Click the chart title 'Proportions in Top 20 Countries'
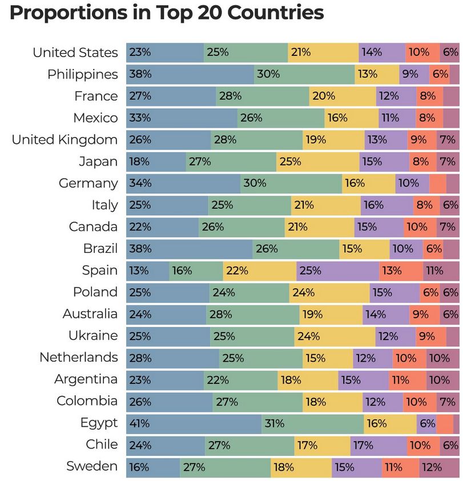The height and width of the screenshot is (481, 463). pyautogui.click(x=166, y=13)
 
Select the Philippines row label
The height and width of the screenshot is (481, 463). pyautogui.click(x=82, y=74)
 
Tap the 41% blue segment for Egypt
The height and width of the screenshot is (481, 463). pyautogui.click(x=194, y=423)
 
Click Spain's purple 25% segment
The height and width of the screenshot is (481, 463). pyautogui.click(x=337, y=270)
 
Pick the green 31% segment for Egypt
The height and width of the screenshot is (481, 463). pyautogui.click(x=313, y=423)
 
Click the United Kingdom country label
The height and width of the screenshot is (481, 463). pyautogui.click(x=65, y=140)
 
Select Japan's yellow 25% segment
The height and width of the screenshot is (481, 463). pyautogui.click(x=318, y=161)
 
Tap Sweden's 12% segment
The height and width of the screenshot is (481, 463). pyautogui.click(x=439, y=467)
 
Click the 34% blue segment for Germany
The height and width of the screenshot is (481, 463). pyautogui.click(x=183, y=183)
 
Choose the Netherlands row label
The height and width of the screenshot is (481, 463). pyautogui.click(x=78, y=358)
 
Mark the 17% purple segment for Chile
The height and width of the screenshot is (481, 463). pyautogui.click(x=378, y=444)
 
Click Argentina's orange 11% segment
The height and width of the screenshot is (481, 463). pyautogui.click(x=407, y=379)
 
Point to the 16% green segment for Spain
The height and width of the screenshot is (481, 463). pyautogui.click(x=196, y=270)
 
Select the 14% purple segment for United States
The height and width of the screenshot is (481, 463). pyautogui.click(x=382, y=52)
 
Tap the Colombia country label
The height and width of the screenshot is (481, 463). pyautogui.click(x=87, y=401)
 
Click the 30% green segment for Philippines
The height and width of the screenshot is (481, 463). pyautogui.click(x=304, y=74)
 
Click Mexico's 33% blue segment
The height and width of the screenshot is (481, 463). pyautogui.click(x=182, y=118)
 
